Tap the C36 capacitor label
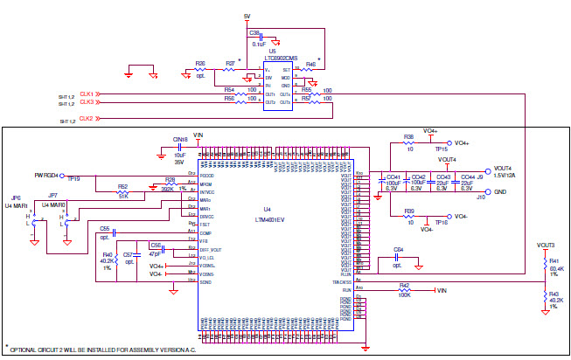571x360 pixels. [x=254, y=32]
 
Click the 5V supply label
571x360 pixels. [x=247, y=17]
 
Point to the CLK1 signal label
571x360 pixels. [x=87, y=93]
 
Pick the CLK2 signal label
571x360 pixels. [x=87, y=118]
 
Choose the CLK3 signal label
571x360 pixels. [x=87, y=102]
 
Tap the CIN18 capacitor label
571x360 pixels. [x=180, y=140]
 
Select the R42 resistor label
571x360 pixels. [x=404, y=285]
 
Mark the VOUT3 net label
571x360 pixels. [x=547, y=246]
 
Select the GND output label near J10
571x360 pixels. [x=500, y=191]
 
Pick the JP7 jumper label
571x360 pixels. [x=52, y=196]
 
